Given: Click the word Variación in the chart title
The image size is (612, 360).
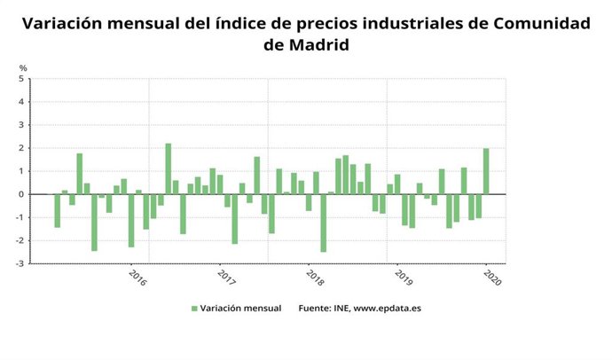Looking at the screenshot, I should pyautogui.click(x=63, y=24).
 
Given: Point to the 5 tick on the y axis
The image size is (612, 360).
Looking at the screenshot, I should pyautogui.click(x=23, y=79).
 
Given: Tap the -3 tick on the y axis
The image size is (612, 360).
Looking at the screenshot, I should pyautogui.click(x=21, y=263).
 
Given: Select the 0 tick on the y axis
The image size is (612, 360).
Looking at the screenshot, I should pyautogui.click(x=23, y=194).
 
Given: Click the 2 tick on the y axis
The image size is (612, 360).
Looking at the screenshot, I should pyautogui.click(x=23, y=148).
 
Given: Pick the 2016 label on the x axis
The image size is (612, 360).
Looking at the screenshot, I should pyautogui.click(x=137, y=278).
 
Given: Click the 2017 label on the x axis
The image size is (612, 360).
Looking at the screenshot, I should pyautogui.click(x=226, y=278).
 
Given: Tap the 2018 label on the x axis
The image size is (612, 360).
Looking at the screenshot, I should pyautogui.click(x=315, y=278).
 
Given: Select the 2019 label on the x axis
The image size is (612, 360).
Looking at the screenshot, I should pyautogui.click(x=404, y=278).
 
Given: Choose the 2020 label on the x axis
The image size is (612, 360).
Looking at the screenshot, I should pyautogui.click(x=492, y=278).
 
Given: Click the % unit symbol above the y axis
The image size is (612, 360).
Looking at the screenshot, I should pyautogui.click(x=23, y=68).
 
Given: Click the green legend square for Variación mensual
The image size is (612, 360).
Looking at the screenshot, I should pyautogui.click(x=194, y=309).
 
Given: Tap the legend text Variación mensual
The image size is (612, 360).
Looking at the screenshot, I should pyautogui.click(x=241, y=309).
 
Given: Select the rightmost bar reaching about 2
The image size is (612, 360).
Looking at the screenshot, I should pyautogui.click(x=486, y=171).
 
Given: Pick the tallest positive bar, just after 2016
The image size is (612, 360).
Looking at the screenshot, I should pyautogui.click(x=169, y=168).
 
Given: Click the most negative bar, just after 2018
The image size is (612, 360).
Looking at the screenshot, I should pyautogui.click(x=324, y=223).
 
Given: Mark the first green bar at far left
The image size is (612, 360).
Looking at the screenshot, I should pyautogui.click(x=58, y=210).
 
